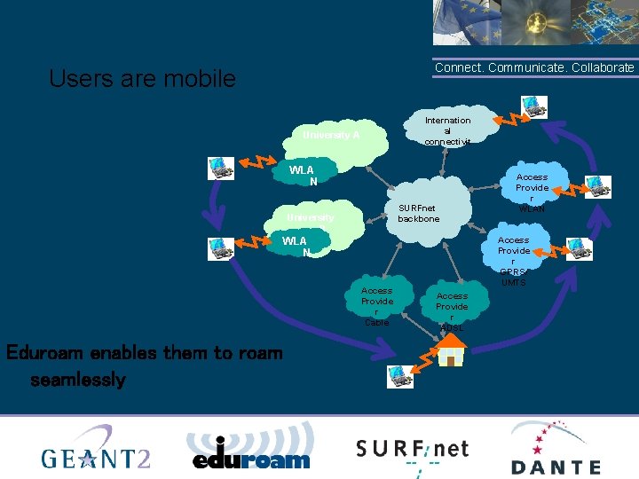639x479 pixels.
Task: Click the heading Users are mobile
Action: pyautogui.click(x=142, y=79)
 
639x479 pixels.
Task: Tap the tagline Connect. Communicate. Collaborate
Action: pyautogui.click(x=534, y=67)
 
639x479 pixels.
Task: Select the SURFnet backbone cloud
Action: pyautogui.click(x=418, y=213)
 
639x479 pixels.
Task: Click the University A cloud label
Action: pyautogui.click(x=331, y=136)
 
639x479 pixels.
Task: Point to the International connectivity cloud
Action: pyautogui.click(x=447, y=130)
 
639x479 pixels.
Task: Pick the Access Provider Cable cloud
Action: pyautogui.click(x=376, y=306)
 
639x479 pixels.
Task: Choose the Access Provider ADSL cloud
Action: pyautogui.click(x=452, y=311)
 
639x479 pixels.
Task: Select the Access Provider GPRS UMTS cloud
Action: pyautogui.click(x=513, y=261)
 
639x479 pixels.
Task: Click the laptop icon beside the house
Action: pyautogui.click(x=399, y=376)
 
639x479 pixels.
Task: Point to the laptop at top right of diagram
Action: pyautogui.click(x=534, y=108)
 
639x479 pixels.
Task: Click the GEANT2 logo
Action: pyautogui.click(x=96, y=449)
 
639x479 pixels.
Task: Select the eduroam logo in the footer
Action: pyautogui.click(x=251, y=449)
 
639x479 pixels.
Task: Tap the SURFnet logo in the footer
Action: pyautogui.click(x=412, y=451)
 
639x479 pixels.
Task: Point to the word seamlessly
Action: pyautogui.click(x=78, y=380)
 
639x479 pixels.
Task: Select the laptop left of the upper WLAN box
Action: pyautogui.click(x=220, y=168)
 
